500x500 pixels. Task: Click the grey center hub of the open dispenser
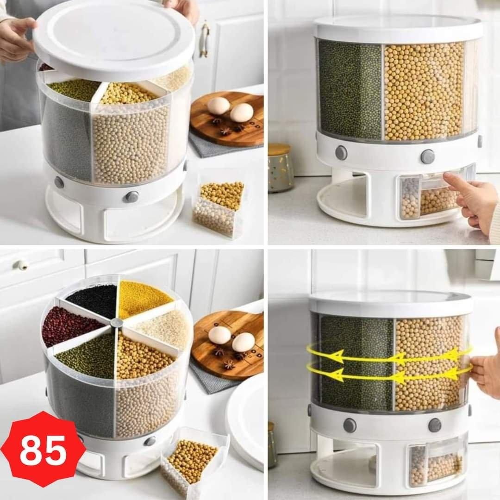tap(116, 323)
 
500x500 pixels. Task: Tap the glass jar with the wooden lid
tap(280, 168)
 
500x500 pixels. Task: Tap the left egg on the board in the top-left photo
tap(219, 105)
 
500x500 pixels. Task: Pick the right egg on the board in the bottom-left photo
tap(244, 342)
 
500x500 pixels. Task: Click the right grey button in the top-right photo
tap(427, 156)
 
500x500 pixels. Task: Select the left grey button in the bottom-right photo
tap(350, 425)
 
